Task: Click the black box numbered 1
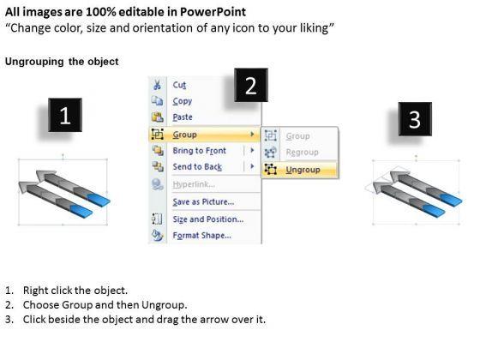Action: tap(65, 115)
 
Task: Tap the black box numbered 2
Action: tap(251, 85)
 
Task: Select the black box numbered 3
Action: tap(415, 119)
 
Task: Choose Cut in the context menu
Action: tap(179, 85)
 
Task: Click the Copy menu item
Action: tap(182, 101)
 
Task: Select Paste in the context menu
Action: tap(183, 117)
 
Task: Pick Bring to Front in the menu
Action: tap(199, 151)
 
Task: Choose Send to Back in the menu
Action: tap(197, 167)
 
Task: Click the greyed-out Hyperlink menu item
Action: tap(194, 184)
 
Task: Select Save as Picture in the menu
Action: tap(203, 201)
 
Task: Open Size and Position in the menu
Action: tap(208, 219)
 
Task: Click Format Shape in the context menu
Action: tap(202, 236)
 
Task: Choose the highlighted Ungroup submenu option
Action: tap(303, 170)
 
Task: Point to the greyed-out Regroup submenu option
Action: tap(302, 153)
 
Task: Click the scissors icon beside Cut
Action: tap(157, 85)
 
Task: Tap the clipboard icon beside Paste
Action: tap(158, 117)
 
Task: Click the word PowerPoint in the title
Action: tap(213, 12)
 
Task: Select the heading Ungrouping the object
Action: tap(62, 62)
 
